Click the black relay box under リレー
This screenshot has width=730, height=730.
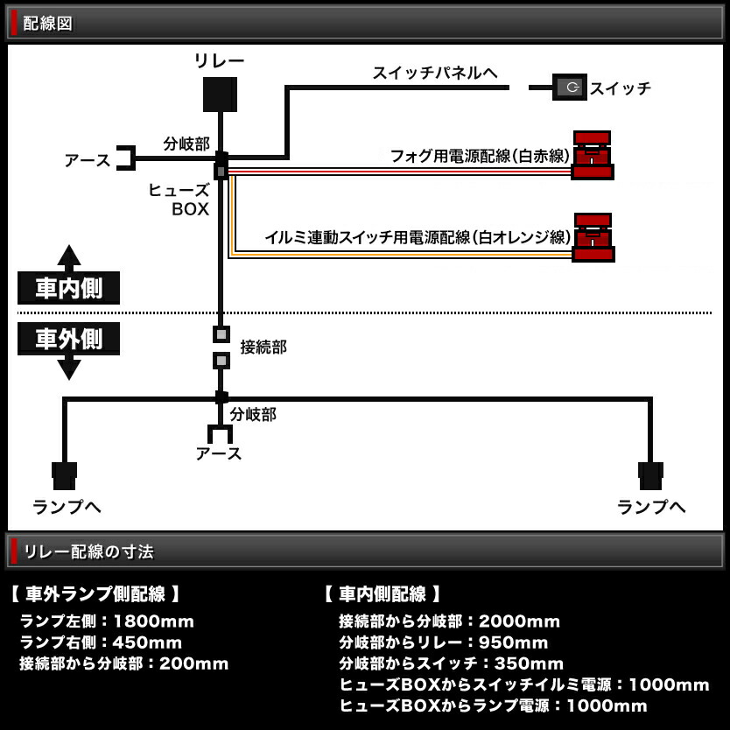220,95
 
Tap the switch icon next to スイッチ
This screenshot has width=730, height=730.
570,87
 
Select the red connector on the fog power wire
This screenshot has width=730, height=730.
593,155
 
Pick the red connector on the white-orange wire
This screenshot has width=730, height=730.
593,237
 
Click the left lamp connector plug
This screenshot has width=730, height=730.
64,475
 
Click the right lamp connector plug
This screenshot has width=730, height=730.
650,475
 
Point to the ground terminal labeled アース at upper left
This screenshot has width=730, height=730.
125,158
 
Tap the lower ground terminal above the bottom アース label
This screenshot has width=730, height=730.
220,434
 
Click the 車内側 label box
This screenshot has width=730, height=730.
69,288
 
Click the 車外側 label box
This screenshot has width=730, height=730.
69,339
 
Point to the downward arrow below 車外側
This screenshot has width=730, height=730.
69,369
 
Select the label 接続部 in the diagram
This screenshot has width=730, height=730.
263,347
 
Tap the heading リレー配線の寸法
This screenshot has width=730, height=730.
88,551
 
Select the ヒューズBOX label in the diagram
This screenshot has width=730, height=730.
190,200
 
